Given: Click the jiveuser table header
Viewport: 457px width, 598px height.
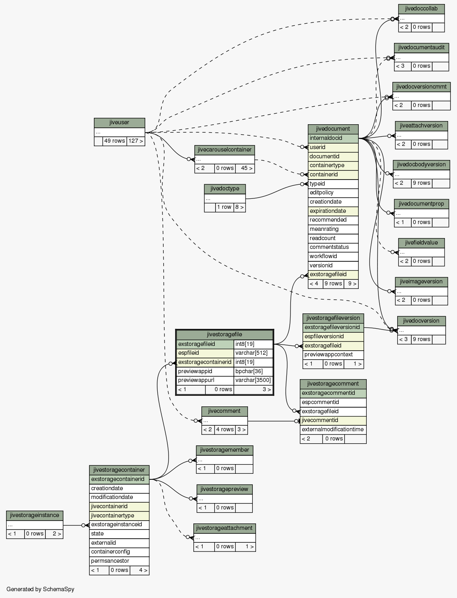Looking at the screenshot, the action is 119,123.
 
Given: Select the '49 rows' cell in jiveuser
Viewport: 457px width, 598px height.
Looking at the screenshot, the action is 114,141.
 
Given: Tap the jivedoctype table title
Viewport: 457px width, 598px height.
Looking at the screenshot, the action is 225,189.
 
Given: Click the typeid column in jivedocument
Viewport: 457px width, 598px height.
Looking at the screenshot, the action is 333,184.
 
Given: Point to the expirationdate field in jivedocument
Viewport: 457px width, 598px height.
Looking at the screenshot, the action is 333,211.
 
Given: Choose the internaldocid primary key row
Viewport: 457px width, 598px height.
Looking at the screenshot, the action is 333,138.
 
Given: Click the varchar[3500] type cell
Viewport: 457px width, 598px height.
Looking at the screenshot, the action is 253,380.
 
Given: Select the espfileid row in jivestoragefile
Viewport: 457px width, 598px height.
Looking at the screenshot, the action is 205,353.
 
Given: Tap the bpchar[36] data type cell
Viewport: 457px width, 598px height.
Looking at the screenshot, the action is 253,371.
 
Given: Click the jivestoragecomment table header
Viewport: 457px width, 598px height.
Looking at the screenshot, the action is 333,384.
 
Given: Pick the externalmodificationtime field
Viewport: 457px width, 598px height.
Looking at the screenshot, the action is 333,430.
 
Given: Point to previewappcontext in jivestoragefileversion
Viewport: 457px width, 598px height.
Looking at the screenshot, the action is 333,355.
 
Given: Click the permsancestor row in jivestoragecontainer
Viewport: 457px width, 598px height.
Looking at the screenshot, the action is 119,561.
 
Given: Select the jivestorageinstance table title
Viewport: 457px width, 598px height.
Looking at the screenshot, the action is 35,515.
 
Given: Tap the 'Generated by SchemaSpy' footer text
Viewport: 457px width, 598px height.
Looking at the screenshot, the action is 41,589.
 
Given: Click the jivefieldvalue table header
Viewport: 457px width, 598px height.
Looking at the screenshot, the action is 421,243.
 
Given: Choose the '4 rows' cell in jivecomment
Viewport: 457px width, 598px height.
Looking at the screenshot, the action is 225,430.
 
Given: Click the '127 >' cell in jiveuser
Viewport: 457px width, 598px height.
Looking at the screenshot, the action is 136,141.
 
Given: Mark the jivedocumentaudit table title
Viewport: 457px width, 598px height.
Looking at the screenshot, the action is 421,48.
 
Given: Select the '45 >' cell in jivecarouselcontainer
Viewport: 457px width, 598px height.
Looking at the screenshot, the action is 245,168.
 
